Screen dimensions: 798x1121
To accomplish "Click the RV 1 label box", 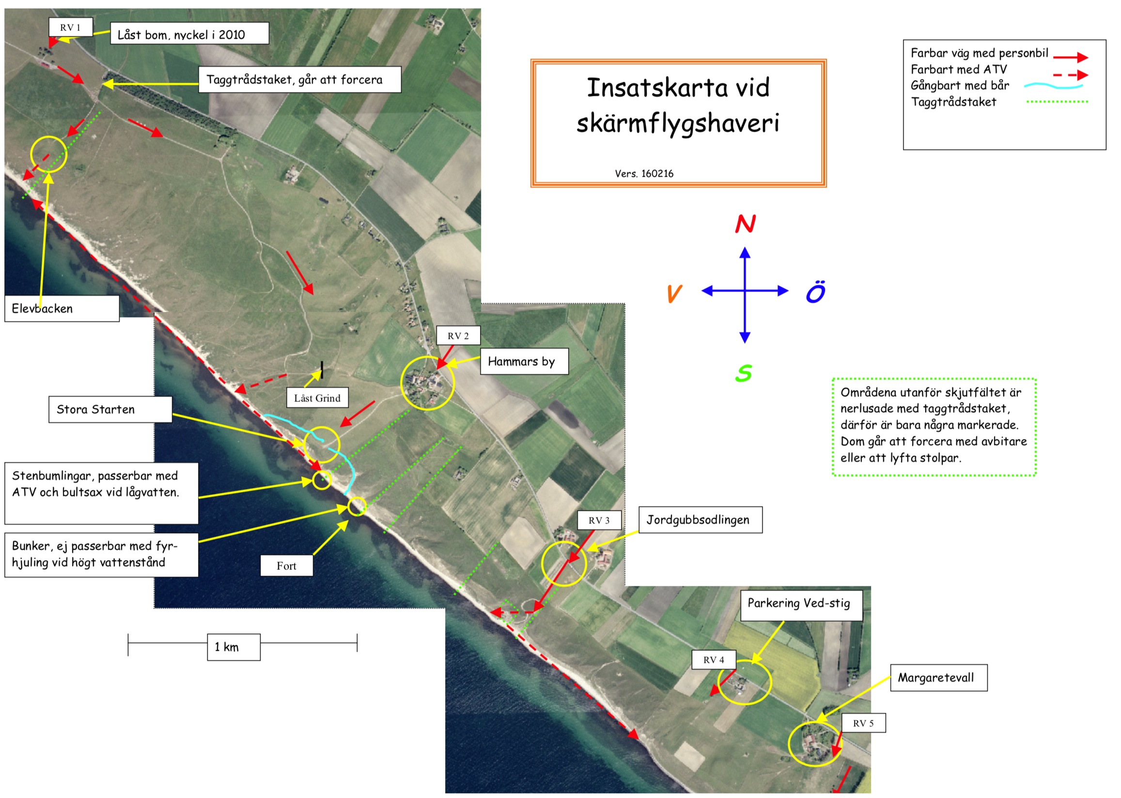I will [x=70, y=28].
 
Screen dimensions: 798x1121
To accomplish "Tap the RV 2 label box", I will [x=457, y=336].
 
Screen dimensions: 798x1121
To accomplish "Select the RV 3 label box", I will [x=599, y=521].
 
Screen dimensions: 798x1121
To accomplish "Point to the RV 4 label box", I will [x=714, y=660].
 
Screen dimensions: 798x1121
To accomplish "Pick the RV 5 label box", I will [x=863, y=723].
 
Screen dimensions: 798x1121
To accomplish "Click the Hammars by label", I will [x=523, y=362].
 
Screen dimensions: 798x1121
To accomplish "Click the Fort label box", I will [x=286, y=566].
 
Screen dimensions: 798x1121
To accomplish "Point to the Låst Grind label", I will [x=317, y=398].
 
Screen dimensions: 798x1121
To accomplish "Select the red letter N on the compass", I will [x=745, y=224].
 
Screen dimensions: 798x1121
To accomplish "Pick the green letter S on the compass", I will [x=743, y=373].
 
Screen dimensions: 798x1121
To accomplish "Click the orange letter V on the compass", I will [x=674, y=293].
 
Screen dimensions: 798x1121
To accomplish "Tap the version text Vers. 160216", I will [x=644, y=173].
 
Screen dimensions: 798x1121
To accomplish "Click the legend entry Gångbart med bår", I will [x=959, y=86].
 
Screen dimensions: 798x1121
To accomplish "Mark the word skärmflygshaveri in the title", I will [x=678, y=123].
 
